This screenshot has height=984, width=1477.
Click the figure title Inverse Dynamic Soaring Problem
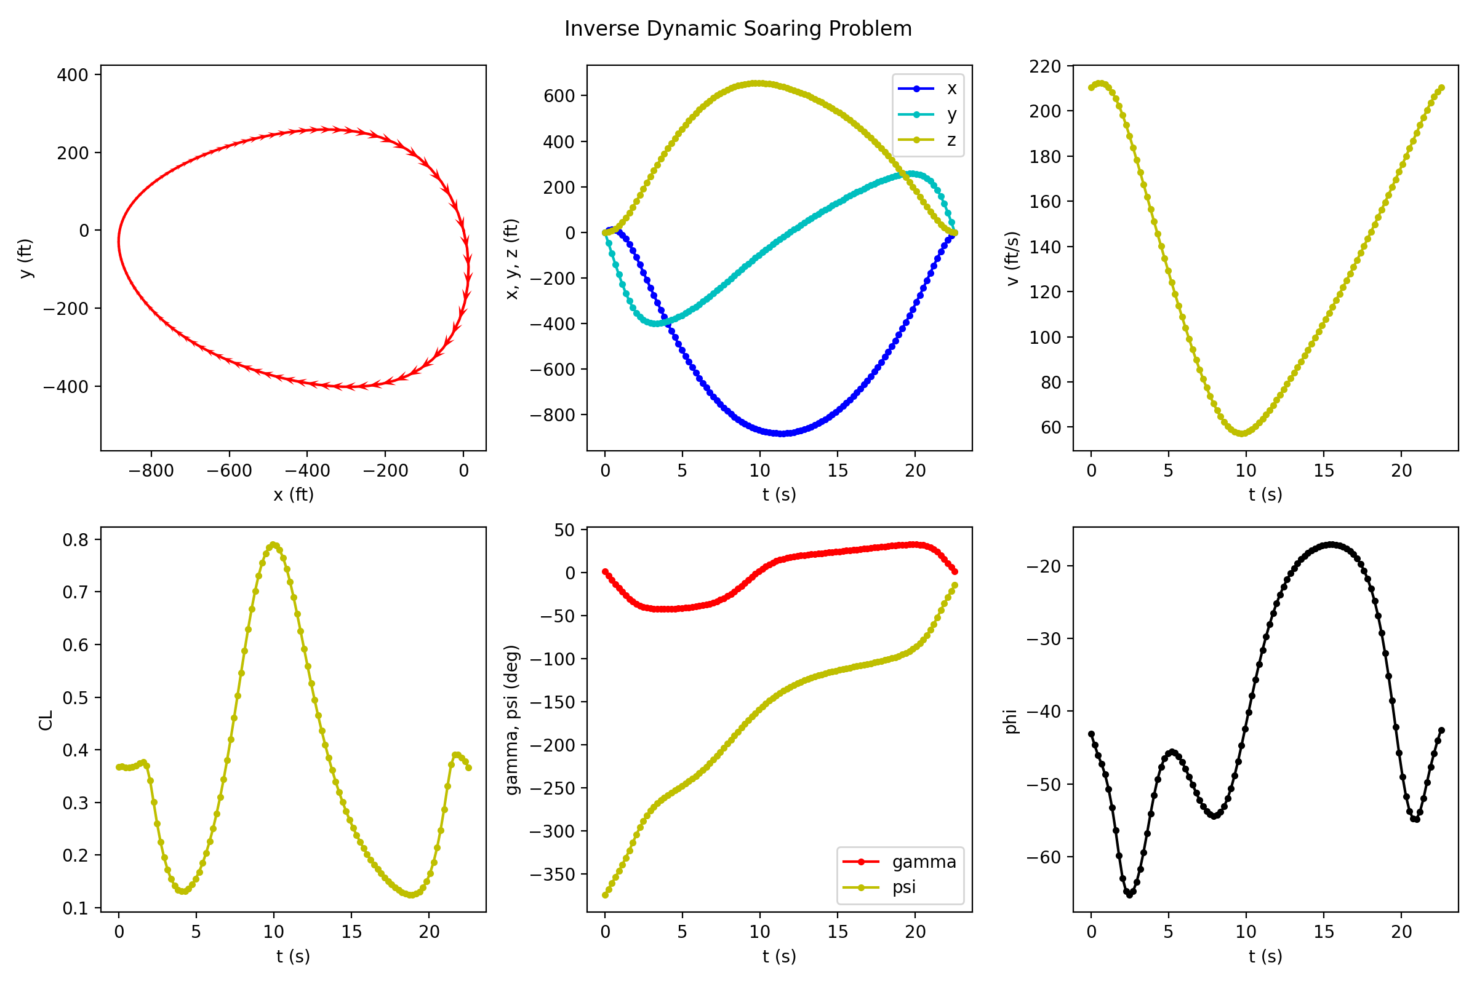[x=738, y=29]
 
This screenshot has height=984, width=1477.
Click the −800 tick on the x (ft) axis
[x=151, y=470]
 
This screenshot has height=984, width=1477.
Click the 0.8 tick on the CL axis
[x=75, y=540]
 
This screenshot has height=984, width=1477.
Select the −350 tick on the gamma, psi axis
[x=552, y=874]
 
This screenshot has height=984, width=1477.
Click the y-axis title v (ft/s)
[x=1013, y=258]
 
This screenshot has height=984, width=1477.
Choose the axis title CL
[x=46, y=720]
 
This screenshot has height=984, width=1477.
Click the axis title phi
[x=1011, y=721]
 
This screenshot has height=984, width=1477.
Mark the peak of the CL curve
[x=273, y=545]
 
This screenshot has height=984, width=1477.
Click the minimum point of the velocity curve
[x=1242, y=434]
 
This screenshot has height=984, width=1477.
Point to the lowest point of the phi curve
[x=1130, y=895]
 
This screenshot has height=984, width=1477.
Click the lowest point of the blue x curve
[x=782, y=434]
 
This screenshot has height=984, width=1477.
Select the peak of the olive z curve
[x=759, y=83]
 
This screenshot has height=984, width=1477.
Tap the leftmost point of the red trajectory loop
[x=119, y=241]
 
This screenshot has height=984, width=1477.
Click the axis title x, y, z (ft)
[x=513, y=258]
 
